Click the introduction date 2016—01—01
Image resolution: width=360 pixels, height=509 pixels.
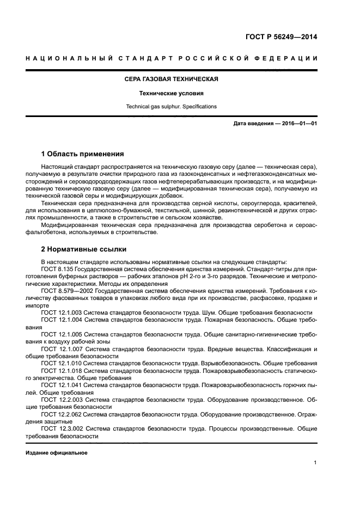pos(298,124)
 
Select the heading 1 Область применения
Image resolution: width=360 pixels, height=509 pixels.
pos(83,154)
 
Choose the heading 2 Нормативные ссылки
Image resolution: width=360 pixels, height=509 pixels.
pos(84,249)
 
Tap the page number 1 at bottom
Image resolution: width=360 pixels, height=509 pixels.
pos(315,463)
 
